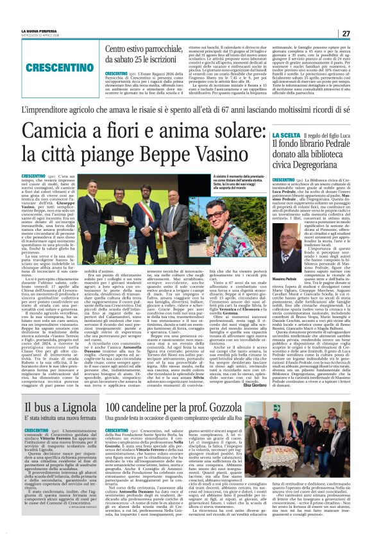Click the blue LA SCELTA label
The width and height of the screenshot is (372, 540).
pyautogui.click(x=283, y=135)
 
